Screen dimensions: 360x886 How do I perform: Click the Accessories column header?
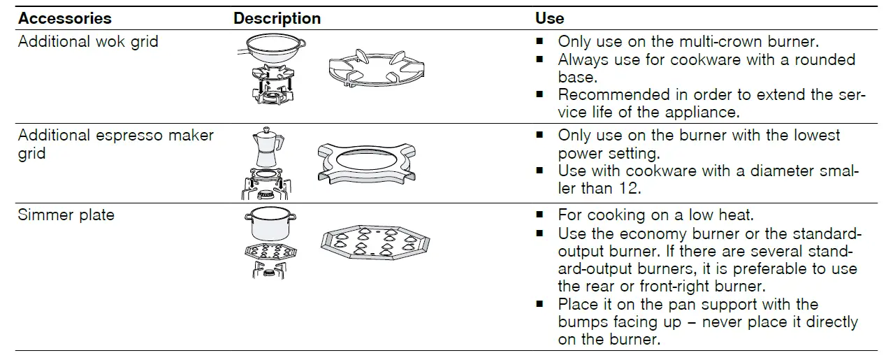tap(64, 18)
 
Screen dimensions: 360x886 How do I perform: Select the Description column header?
tap(277, 18)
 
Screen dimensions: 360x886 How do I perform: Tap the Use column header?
tap(549, 18)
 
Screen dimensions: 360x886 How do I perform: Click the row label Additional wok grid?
tap(88, 41)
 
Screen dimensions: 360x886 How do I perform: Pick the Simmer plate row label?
tap(66, 215)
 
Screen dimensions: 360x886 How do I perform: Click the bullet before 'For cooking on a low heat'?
tap(540, 215)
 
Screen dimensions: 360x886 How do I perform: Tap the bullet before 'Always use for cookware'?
tap(540, 60)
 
